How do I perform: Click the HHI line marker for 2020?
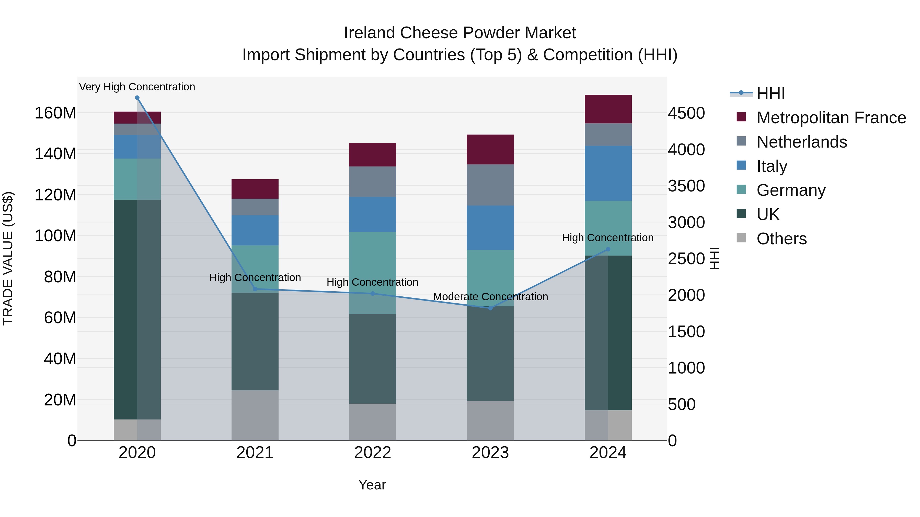[x=137, y=98]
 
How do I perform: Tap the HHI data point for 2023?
[x=490, y=308]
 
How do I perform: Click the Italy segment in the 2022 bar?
[x=373, y=214]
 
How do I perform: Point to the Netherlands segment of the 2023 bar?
[x=490, y=185]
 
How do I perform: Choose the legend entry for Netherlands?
[x=801, y=142]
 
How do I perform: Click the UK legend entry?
[x=768, y=214]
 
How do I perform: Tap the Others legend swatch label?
[x=781, y=239]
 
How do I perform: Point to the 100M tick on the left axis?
[x=55, y=236]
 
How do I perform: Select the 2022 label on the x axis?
[x=373, y=453]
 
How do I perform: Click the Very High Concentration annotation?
[x=137, y=87]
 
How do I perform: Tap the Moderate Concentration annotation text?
[x=490, y=296]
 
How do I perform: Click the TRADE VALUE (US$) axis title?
[x=8, y=258]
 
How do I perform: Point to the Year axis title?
[x=372, y=485]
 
